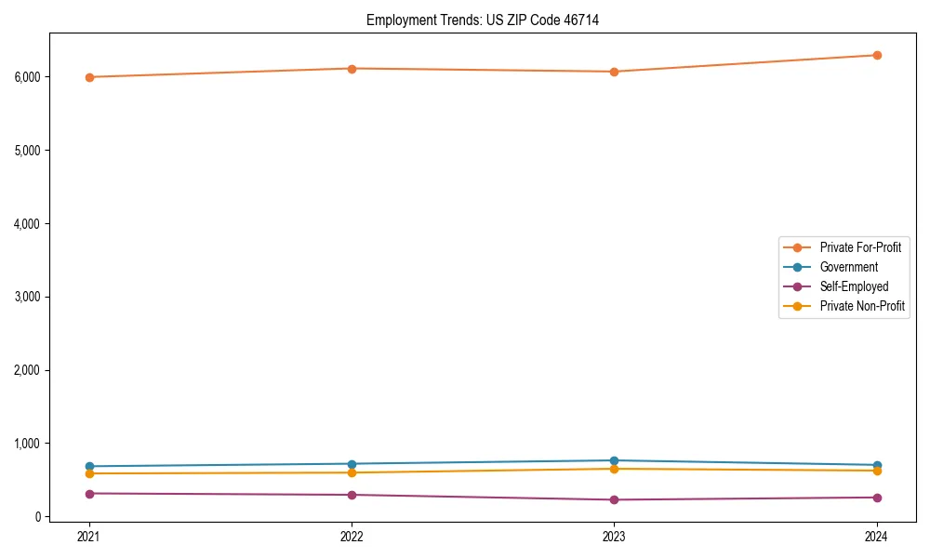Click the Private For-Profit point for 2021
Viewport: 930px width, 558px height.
coord(89,77)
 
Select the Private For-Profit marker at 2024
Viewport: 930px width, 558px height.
coord(877,55)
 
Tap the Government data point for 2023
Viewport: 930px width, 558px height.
coord(614,460)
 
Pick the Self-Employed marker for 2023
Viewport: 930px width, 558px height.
coord(614,499)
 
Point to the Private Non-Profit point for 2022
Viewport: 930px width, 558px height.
coord(352,472)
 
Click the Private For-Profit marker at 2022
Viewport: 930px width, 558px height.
coord(352,69)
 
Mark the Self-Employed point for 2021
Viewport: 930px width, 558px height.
coord(89,494)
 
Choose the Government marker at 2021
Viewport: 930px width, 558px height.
coord(89,466)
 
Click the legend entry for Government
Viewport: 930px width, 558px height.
coord(848,267)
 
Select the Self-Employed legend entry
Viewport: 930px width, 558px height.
coord(854,286)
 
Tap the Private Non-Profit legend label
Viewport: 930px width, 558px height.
coord(862,306)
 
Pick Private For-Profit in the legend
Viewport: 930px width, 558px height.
coord(860,247)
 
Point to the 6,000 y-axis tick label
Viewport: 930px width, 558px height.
coord(28,77)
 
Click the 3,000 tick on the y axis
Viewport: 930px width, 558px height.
coord(28,297)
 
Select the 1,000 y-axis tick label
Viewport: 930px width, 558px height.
coord(28,444)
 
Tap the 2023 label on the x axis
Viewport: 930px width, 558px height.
coord(614,536)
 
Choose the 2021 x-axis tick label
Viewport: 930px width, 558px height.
coord(89,536)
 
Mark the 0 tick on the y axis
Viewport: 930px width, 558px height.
coord(38,517)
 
